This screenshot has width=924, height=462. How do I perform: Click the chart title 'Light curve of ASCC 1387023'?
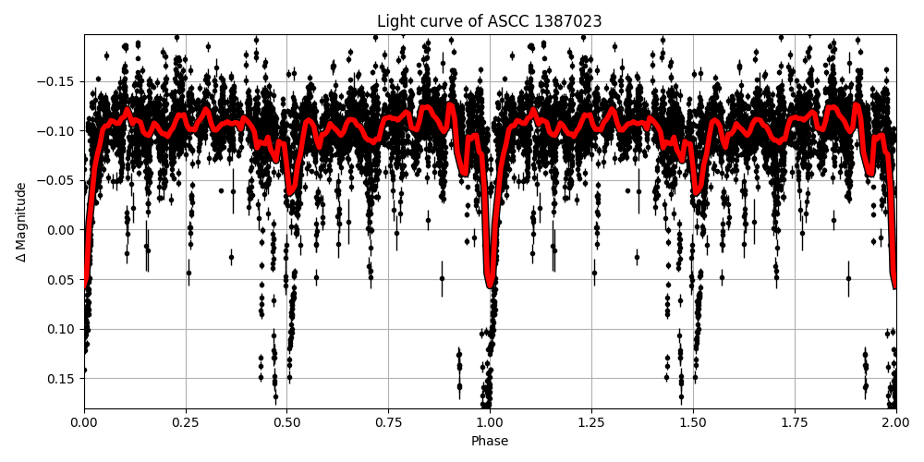click(489, 21)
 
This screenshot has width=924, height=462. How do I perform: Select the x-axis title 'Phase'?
click(489, 442)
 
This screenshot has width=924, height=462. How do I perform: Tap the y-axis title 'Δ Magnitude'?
click(20, 222)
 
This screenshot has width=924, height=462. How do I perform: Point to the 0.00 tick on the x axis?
click(84, 423)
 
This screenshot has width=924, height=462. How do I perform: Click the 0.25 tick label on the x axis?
click(186, 423)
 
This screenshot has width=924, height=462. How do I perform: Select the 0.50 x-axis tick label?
click(286, 423)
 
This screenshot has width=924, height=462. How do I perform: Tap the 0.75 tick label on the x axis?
click(388, 423)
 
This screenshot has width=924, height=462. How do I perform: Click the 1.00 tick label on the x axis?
click(490, 423)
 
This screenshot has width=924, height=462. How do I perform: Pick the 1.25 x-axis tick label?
click(591, 423)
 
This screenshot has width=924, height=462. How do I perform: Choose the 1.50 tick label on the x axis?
click(693, 423)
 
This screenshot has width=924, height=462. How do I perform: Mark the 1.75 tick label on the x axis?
click(795, 423)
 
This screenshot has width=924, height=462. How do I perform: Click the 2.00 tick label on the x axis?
click(895, 423)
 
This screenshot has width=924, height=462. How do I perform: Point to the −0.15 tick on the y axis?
click(57, 81)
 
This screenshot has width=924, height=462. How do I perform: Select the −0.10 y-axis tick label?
click(57, 131)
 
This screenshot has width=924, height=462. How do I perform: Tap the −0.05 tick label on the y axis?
click(57, 180)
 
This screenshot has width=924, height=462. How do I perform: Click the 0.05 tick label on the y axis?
click(63, 279)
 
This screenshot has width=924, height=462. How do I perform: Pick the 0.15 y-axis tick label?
click(63, 378)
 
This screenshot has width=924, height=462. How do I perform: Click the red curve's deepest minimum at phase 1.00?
click(490, 286)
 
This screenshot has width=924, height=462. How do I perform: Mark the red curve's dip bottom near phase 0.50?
click(290, 192)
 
